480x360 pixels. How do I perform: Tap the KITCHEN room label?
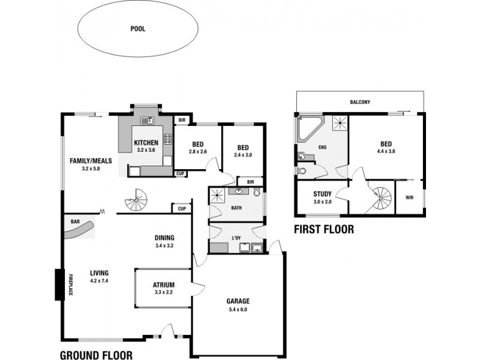[x=146, y=142]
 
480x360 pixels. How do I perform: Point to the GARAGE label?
[x=238, y=301]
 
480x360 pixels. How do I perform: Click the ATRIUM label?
[x=163, y=285]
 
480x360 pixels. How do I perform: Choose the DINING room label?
[x=164, y=237]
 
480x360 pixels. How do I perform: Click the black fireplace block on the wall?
[x=59, y=284]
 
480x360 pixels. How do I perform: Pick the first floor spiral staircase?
[x=381, y=197]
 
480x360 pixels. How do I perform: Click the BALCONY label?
[x=361, y=102]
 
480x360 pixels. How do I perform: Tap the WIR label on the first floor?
[x=409, y=197]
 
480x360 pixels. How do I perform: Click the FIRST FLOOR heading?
[x=323, y=229]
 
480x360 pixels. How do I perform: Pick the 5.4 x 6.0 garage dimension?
[x=238, y=310]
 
